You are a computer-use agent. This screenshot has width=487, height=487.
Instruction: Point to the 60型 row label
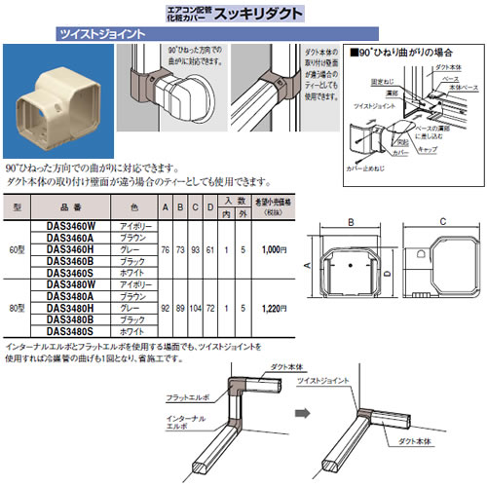(x=17, y=250)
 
